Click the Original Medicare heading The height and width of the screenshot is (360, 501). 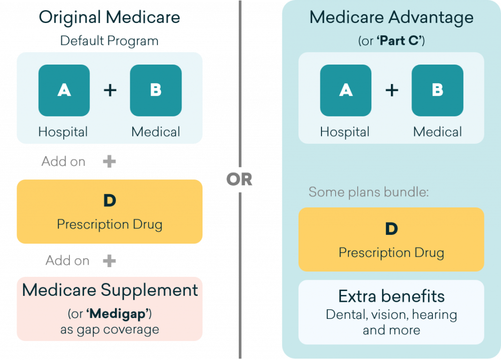[x=110, y=18]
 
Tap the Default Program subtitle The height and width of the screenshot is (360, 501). [x=110, y=41]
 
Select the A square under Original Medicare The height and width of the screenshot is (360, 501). [x=64, y=90]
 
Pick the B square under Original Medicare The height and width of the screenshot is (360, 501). [x=156, y=90]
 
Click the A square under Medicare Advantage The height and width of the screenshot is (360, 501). [x=346, y=90]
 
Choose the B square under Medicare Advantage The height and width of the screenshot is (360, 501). [x=437, y=90]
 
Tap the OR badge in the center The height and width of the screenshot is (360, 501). [x=239, y=180]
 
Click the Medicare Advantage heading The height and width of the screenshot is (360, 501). [x=391, y=18]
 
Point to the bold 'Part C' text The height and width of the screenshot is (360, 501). [x=398, y=41]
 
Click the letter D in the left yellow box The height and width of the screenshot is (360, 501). [x=110, y=201]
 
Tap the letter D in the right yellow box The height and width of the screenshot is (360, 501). [x=391, y=229]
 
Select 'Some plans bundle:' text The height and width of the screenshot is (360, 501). [x=368, y=192]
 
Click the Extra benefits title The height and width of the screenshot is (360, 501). [x=391, y=296]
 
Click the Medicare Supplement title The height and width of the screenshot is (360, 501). [x=110, y=290]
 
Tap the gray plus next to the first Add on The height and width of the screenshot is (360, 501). [x=109, y=161]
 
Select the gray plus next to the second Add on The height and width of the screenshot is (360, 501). [x=109, y=261]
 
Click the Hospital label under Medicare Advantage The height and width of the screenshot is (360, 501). [x=345, y=132]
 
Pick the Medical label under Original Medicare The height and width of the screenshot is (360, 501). [x=156, y=132]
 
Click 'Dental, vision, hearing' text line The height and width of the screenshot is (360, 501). [x=391, y=315]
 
